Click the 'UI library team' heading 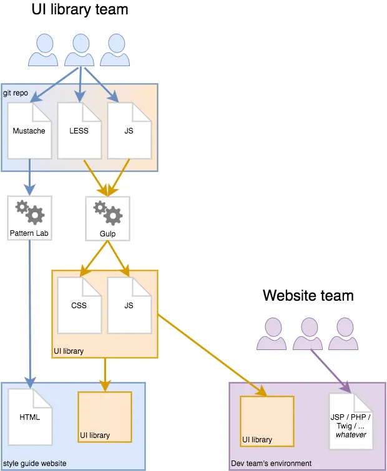[79, 9]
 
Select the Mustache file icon [29, 130]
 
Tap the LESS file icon [79, 130]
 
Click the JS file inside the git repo [129, 130]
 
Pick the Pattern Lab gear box [29, 218]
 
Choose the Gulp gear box [107, 219]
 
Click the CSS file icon [79, 305]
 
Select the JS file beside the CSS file [129, 305]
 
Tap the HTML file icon [29, 417]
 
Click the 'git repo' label [16, 92]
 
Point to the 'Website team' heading [308, 295]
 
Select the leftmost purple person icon [272, 333]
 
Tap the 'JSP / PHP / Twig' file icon [351, 420]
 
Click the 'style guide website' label [34, 464]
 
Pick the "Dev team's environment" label [271, 464]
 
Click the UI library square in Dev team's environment [267, 421]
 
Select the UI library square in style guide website [104, 417]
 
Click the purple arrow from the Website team [330, 372]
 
